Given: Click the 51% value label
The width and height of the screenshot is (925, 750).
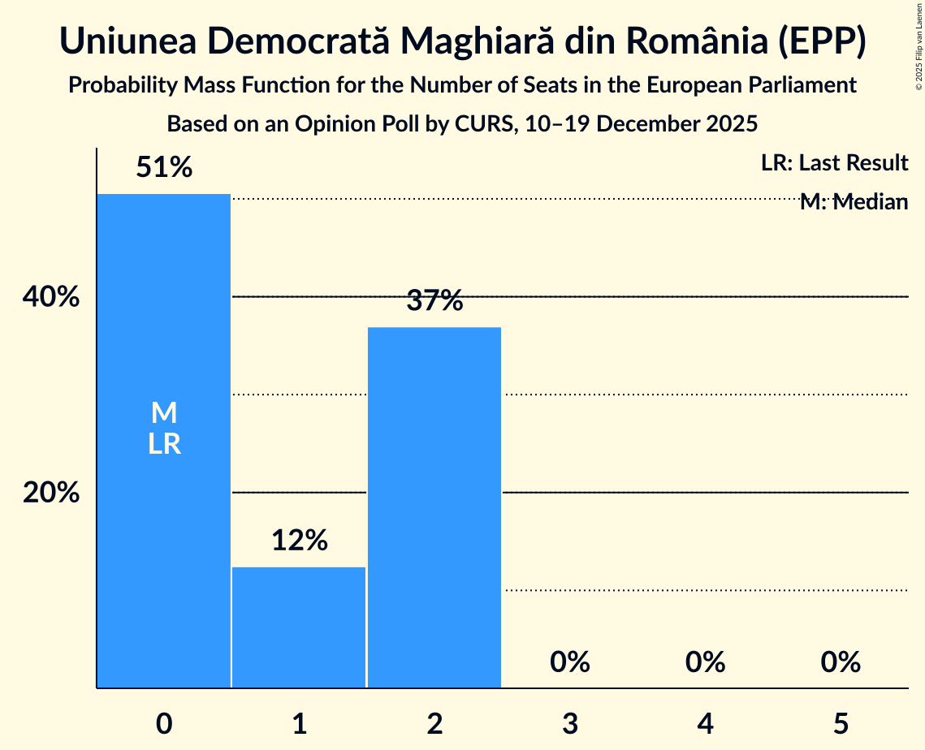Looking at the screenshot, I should [164, 168].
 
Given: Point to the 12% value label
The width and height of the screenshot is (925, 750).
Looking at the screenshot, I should [299, 541].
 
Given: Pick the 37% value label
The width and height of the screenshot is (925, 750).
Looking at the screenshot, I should [434, 301].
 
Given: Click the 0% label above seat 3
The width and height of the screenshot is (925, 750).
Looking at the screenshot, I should [569, 662].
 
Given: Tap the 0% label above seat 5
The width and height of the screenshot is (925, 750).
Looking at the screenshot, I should [840, 662].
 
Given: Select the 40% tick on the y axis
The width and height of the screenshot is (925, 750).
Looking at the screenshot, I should [50, 297].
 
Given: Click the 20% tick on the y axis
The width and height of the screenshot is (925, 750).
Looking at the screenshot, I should [50, 493].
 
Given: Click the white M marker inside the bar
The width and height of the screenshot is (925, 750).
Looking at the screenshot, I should [164, 413].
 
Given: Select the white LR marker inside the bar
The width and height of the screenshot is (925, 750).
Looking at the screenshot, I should [164, 444].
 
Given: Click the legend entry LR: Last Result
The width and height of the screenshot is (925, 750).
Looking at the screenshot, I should [834, 163].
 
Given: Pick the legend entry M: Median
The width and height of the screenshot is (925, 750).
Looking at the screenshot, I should [854, 202].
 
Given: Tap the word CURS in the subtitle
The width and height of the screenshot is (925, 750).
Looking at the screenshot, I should [481, 124].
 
